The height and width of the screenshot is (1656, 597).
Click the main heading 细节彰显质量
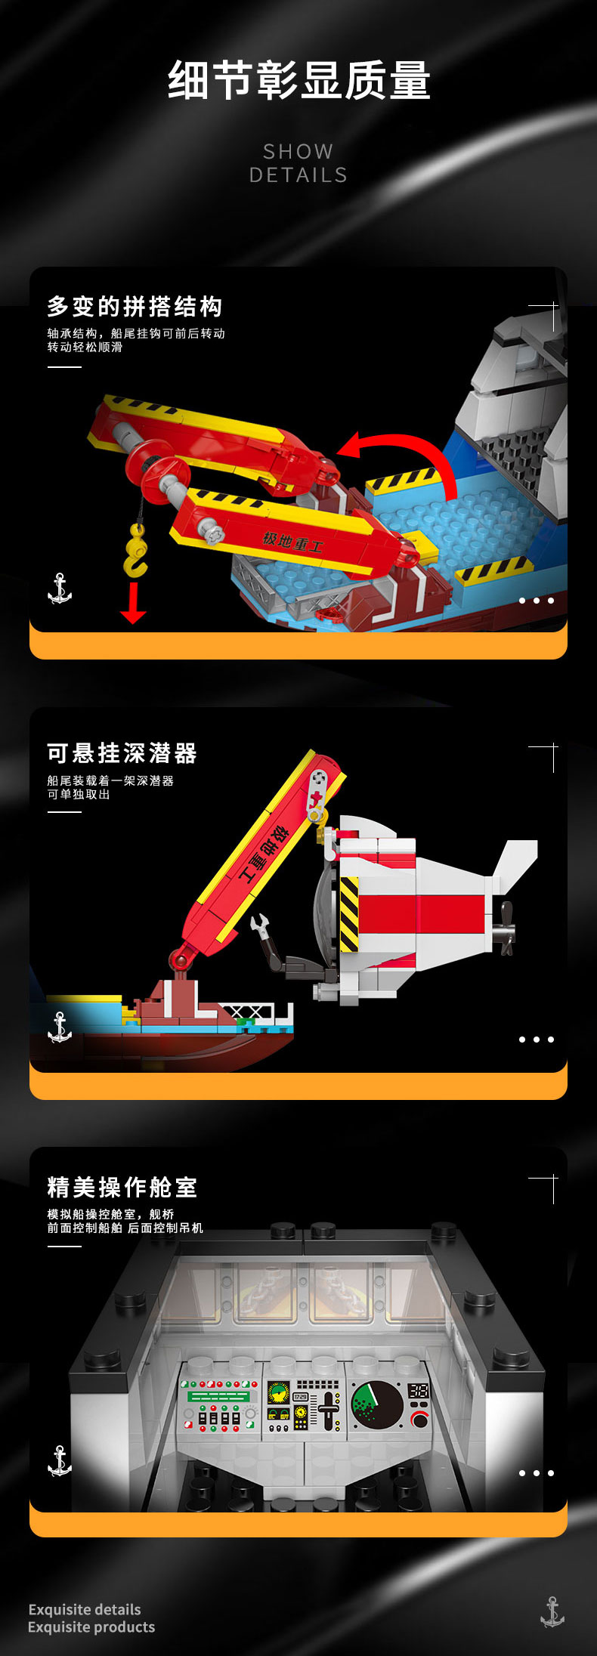pyautogui.click(x=298, y=81)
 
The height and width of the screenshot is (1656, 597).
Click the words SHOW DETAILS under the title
pyautogui.click(x=298, y=163)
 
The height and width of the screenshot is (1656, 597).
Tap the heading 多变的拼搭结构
pyautogui.click(x=135, y=307)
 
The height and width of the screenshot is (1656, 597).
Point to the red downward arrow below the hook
pyautogui.click(x=133, y=603)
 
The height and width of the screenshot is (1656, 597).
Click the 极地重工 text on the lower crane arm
pyautogui.click(x=292, y=542)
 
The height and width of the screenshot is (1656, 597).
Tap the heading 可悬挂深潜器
pyautogui.click(x=122, y=753)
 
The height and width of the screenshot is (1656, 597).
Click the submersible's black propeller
pyautogui.click(x=505, y=928)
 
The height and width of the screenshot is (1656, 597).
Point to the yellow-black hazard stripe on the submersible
pyautogui.click(x=349, y=913)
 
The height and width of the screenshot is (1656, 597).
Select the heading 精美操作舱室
pyautogui.click(x=122, y=1188)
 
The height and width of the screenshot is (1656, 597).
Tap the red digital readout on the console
pyautogui.click(x=418, y=1391)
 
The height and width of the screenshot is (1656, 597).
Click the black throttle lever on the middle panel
pyautogui.click(x=328, y=1410)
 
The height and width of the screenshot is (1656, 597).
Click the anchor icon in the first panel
pyautogui.click(x=60, y=589)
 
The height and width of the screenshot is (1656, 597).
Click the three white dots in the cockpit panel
pyautogui.click(x=537, y=1473)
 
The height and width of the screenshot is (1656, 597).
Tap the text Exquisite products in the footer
pyautogui.click(x=91, y=1627)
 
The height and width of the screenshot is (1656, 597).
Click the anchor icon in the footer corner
pyautogui.click(x=552, y=1612)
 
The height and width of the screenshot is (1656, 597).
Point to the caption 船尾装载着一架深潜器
pyautogui.click(x=110, y=780)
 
